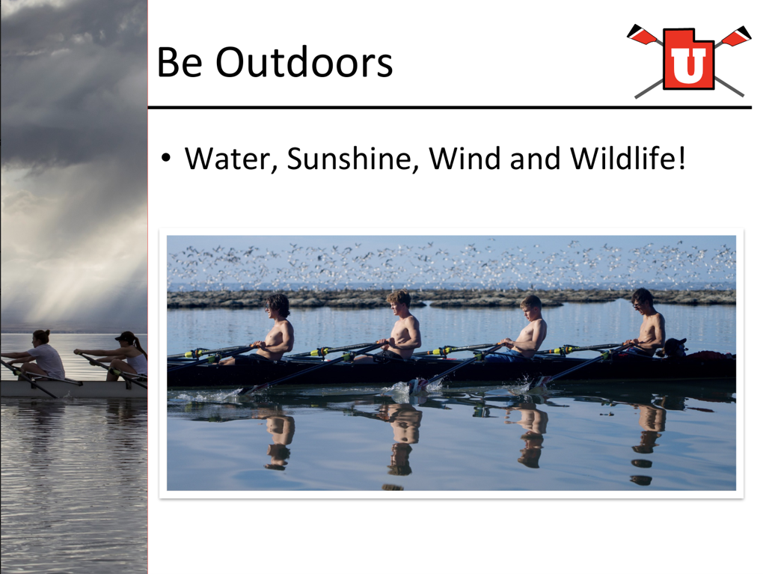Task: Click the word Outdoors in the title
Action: point(304,62)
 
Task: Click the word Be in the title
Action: point(180,62)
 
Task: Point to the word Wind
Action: point(465,159)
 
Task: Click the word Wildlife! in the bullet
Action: point(628,159)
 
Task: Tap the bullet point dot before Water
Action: point(166,158)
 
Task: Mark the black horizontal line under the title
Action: point(450,107)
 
